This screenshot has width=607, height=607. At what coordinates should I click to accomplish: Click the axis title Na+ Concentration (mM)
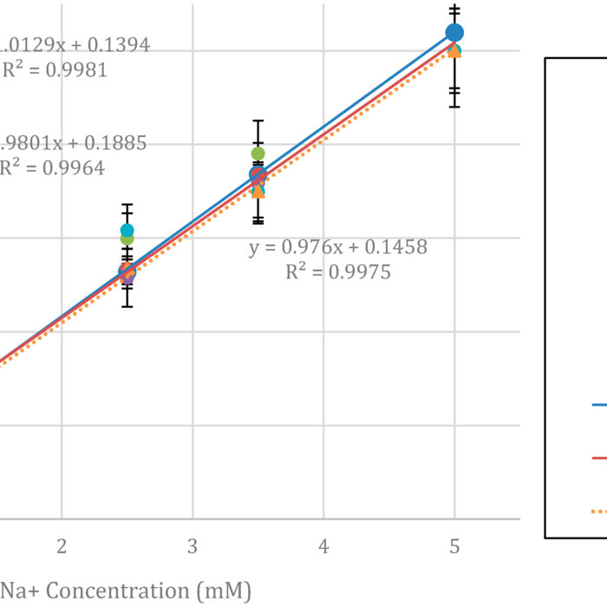[x=125, y=591]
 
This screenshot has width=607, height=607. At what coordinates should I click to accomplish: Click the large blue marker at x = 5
[x=454, y=33]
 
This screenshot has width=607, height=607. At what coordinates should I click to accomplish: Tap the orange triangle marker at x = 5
[x=454, y=50]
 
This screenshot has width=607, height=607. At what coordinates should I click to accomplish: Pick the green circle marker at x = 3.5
[x=258, y=154]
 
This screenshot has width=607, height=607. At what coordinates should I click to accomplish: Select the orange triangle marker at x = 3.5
[x=258, y=191]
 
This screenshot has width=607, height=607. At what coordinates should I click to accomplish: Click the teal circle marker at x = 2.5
[x=127, y=230]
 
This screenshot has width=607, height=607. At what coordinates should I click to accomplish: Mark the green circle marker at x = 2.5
[x=127, y=238]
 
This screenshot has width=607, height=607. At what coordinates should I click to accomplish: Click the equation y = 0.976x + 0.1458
[x=338, y=247]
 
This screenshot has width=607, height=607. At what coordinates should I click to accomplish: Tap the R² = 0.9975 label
[x=338, y=272]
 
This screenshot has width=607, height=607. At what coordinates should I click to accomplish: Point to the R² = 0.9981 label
[x=54, y=70]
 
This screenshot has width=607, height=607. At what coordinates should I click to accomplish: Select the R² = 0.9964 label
[x=52, y=168]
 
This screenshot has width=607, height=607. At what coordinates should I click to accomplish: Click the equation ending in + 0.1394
[x=75, y=45]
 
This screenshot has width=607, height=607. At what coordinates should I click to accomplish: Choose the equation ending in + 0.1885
[x=73, y=143]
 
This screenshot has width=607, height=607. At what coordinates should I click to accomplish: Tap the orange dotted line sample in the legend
[x=599, y=512]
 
